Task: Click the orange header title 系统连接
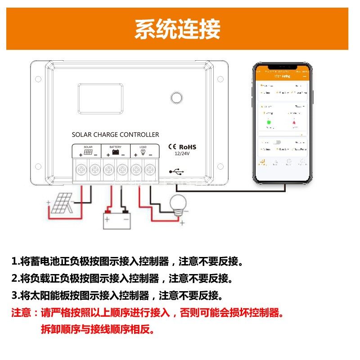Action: [177, 30]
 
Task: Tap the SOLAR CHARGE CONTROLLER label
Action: [115, 135]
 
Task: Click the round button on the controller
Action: [175, 98]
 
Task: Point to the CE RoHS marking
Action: [182, 147]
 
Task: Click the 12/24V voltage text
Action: [182, 153]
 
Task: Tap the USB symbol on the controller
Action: [175, 171]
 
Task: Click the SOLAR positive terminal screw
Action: [81, 170]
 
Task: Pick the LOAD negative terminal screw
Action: [149, 170]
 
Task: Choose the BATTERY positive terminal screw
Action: [108, 170]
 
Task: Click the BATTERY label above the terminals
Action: [115, 147]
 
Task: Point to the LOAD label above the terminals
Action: [143, 147]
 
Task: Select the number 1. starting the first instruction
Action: [16, 261]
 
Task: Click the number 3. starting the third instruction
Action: [16, 296]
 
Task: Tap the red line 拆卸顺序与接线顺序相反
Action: [98, 329]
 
